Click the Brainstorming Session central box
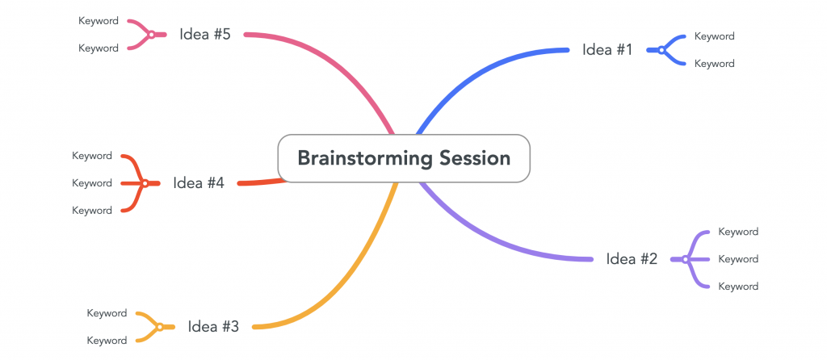click(x=404, y=158)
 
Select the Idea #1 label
click(x=607, y=50)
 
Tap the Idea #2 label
click(x=632, y=259)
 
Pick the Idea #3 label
click(x=213, y=327)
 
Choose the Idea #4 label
click(x=199, y=183)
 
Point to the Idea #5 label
click(x=204, y=35)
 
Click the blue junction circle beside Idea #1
click(x=661, y=50)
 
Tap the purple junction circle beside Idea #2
click(x=685, y=259)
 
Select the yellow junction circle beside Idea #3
click(x=160, y=328)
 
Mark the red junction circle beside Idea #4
click(x=145, y=183)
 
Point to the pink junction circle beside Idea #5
click(x=151, y=35)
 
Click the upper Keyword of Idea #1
click(x=714, y=36)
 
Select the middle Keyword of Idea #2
click(x=738, y=259)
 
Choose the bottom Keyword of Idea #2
click(x=738, y=287)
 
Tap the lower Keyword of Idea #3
click(x=107, y=341)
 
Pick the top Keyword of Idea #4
click(x=92, y=156)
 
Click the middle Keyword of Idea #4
click(x=92, y=183)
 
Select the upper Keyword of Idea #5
click(x=99, y=21)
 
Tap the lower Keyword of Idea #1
click(x=714, y=63)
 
